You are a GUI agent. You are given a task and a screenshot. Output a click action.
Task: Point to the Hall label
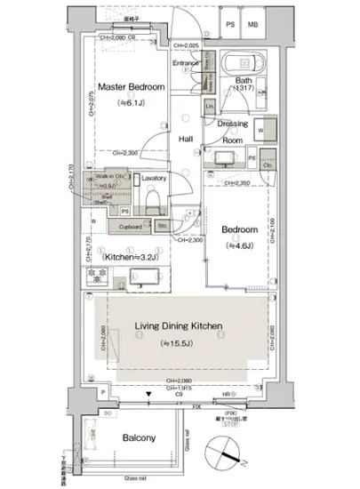pyautogui.click(x=187, y=140)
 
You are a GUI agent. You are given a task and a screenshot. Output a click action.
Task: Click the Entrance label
pyautogui.click(x=186, y=63)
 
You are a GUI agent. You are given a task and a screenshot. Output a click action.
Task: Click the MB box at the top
pyautogui.click(x=254, y=25)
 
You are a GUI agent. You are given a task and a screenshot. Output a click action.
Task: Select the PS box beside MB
pyautogui.click(x=231, y=25)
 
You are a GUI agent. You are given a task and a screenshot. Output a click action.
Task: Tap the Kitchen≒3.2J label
pyautogui.click(x=131, y=257)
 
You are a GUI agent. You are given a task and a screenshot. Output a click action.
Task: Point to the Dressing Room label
pyautogui.click(x=233, y=132)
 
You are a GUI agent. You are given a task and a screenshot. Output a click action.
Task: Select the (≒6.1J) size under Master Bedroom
pyautogui.click(x=129, y=101)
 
